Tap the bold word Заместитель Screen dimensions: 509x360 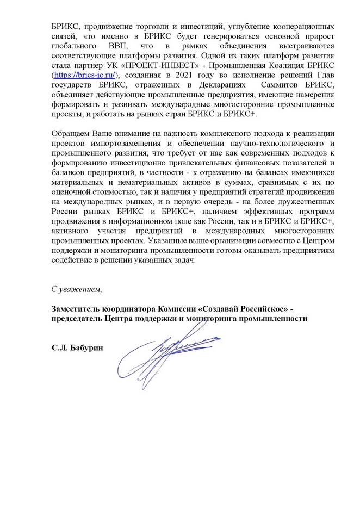76,309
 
